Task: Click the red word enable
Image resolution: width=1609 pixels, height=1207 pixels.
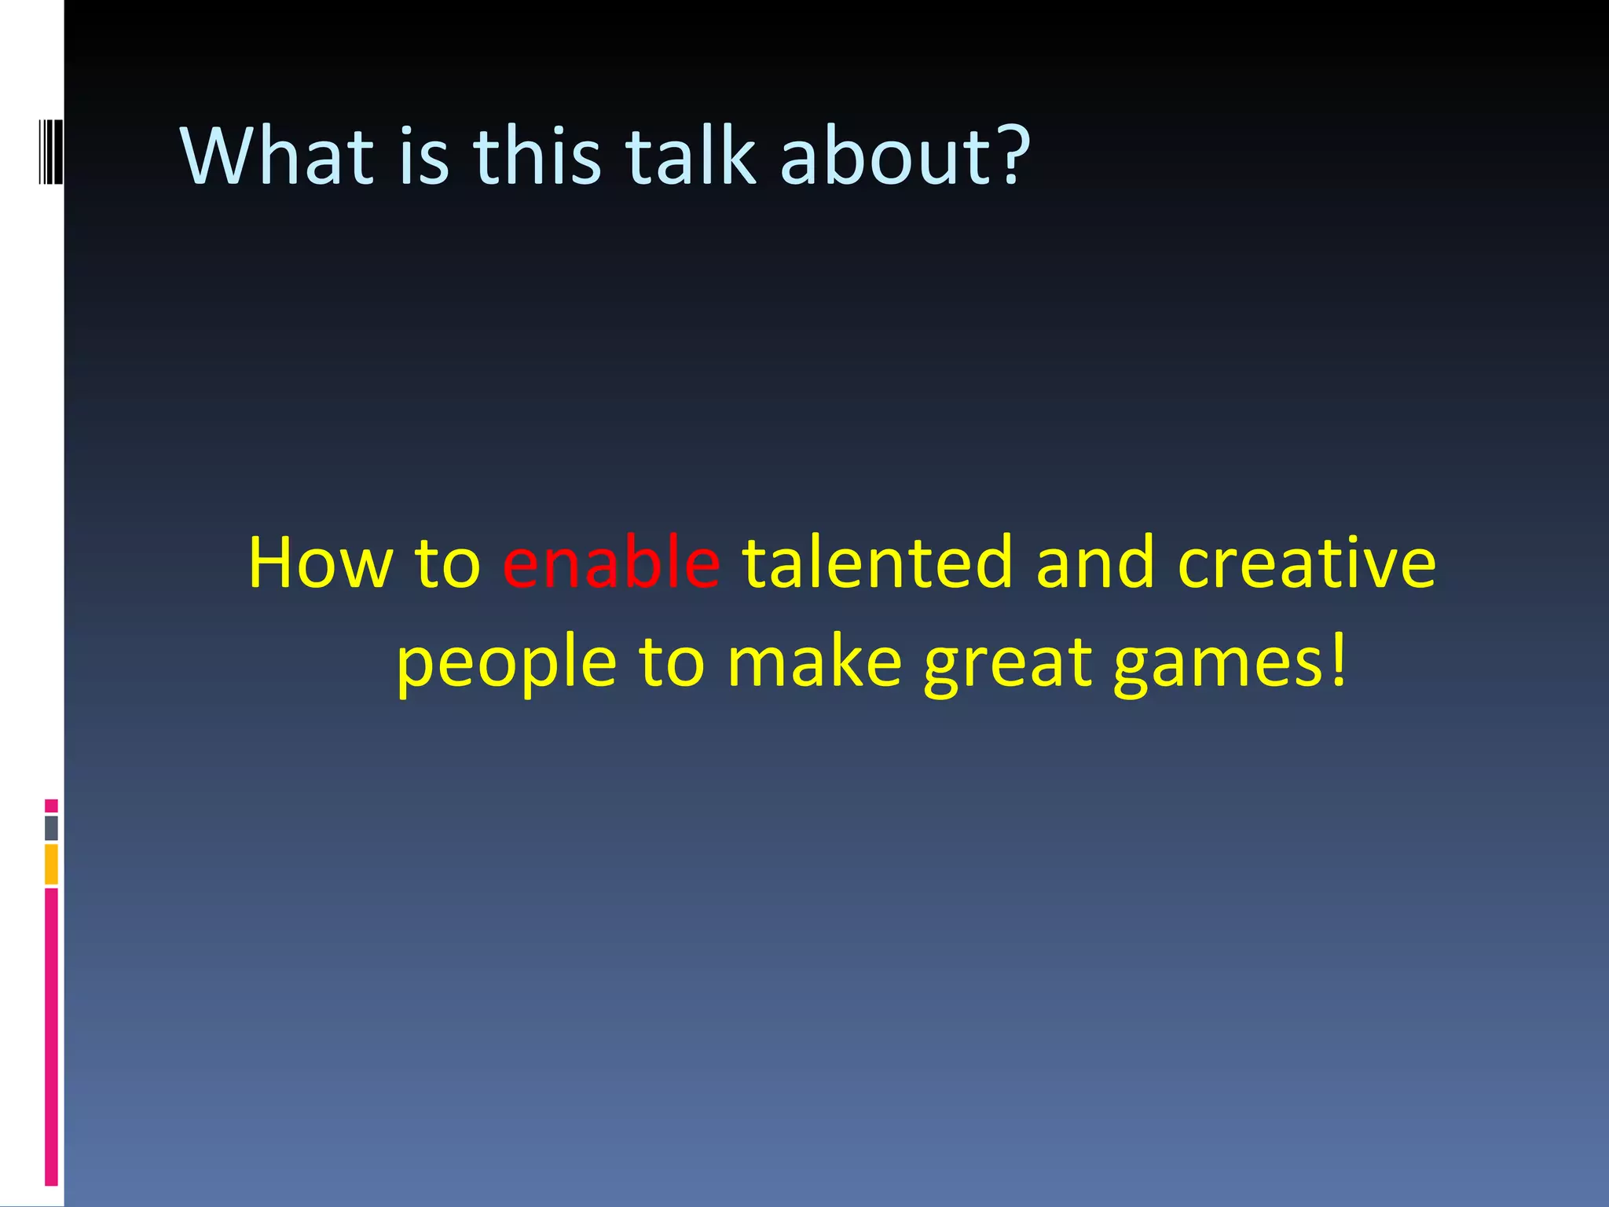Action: (610, 563)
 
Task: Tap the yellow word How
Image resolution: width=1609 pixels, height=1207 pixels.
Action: (320, 563)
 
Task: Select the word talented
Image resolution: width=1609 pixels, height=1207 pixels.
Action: (878, 563)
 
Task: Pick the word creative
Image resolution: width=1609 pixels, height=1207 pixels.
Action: (1307, 563)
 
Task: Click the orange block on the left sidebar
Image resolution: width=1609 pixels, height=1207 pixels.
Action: (51, 864)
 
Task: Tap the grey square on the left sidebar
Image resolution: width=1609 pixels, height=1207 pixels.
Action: (51, 828)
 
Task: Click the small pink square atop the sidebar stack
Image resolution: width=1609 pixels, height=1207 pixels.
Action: (51, 805)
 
